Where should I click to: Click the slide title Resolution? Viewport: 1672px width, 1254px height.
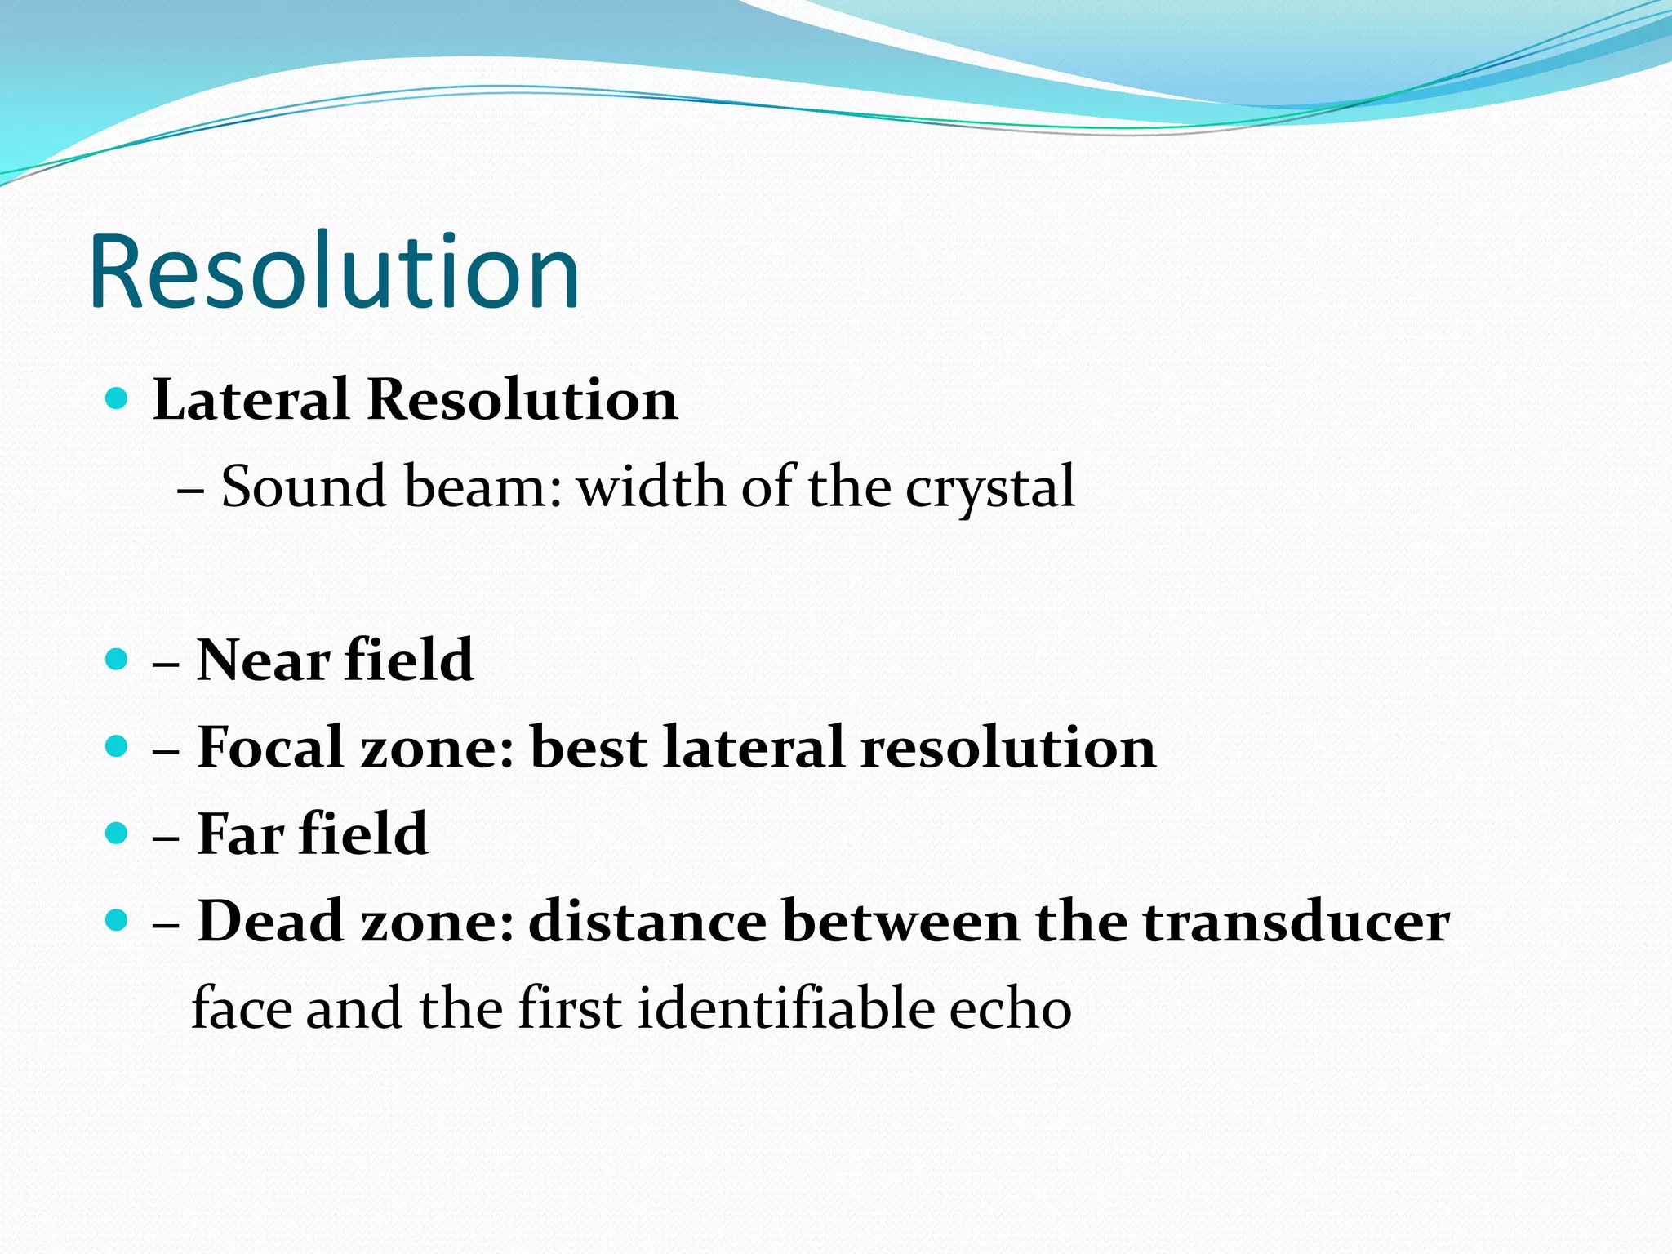[x=335, y=273]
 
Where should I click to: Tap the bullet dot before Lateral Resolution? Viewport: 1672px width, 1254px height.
[x=118, y=398]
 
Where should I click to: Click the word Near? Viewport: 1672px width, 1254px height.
[x=264, y=660]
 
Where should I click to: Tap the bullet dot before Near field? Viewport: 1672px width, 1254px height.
[x=118, y=659]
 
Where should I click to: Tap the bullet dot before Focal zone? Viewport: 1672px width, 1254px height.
[x=118, y=746]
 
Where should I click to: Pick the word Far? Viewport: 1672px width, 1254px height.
[x=241, y=834]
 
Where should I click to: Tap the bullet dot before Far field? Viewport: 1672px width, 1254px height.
[x=118, y=834]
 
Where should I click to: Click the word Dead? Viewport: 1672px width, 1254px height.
[x=270, y=922]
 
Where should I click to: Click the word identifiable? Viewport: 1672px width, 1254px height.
[x=785, y=1008]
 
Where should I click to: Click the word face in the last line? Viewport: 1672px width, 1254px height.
[x=241, y=1008]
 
